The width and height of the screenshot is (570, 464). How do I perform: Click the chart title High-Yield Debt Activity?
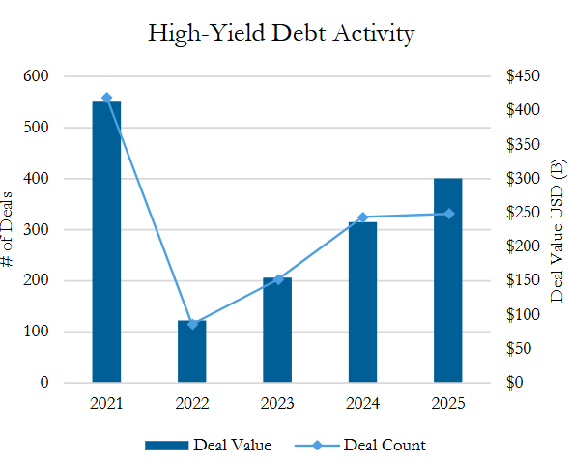[x=281, y=33]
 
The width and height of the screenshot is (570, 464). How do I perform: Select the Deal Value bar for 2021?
[x=106, y=242]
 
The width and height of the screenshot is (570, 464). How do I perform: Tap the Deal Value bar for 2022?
[x=192, y=351]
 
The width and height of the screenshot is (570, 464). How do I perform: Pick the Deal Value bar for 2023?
[x=277, y=330]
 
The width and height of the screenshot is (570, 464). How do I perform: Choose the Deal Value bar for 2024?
[x=363, y=303]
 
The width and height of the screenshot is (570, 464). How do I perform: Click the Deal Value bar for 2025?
[x=448, y=280]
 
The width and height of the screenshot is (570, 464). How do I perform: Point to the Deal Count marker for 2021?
[x=107, y=98]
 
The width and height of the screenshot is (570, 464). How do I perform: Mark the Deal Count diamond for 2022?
[x=192, y=324]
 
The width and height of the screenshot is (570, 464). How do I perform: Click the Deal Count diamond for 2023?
[x=278, y=279]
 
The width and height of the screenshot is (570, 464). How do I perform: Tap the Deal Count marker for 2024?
[x=363, y=217]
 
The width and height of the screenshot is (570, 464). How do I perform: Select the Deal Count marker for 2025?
[x=449, y=214]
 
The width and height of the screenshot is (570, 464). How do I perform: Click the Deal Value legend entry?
[x=208, y=445]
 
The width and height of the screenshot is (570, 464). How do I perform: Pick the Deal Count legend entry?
[x=360, y=445]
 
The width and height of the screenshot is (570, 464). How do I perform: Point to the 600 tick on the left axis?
[x=36, y=76]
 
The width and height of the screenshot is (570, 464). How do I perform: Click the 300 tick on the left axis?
[x=36, y=229]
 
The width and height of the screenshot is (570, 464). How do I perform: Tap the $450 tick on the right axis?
[x=523, y=76]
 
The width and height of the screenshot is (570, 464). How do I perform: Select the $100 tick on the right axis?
[x=523, y=314]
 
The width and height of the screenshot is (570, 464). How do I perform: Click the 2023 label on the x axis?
[x=277, y=404]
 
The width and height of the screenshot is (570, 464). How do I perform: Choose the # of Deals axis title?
[x=7, y=229]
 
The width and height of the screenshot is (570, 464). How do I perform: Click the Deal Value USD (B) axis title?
[x=556, y=230]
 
